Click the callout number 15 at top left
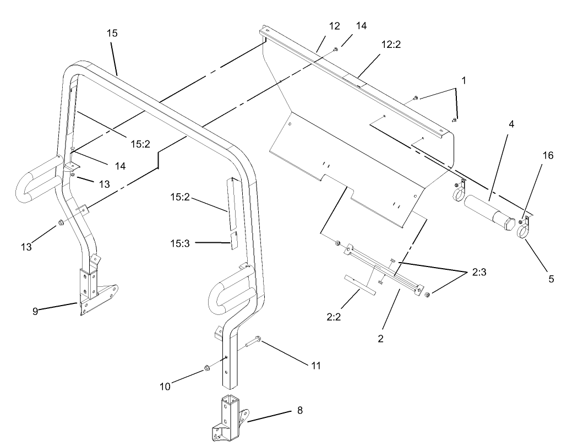(x=112, y=34)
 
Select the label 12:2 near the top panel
(x=390, y=45)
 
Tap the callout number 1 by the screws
(x=464, y=80)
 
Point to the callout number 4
(x=511, y=124)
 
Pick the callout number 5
(x=551, y=279)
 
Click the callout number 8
(x=299, y=410)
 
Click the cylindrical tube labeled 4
(x=487, y=211)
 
